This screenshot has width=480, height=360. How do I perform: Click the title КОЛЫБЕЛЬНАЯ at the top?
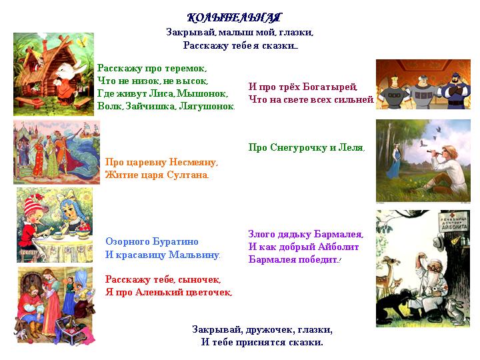(x=234, y=18)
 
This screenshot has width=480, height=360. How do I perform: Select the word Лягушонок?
(x=207, y=106)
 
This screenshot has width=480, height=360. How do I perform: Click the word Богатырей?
(x=330, y=87)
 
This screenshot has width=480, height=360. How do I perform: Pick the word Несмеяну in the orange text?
(x=193, y=162)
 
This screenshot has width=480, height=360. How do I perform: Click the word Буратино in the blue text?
(x=175, y=241)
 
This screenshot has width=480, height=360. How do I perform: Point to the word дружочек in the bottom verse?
(x=270, y=330)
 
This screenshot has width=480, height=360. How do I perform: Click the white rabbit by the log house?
(x=68, y=81)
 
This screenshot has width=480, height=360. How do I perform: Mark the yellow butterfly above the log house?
(x=82, y=41)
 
